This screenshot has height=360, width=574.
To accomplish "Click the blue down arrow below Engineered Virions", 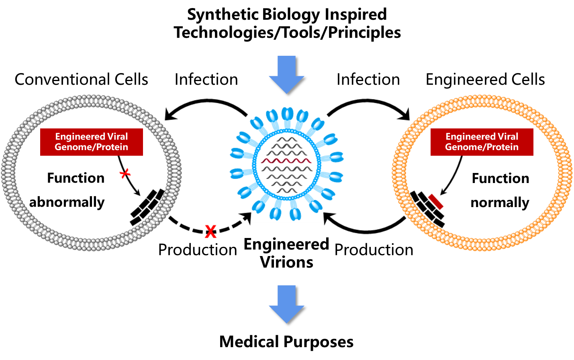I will (x=286, y=304).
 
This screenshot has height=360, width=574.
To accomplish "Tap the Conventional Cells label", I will (x=84, y=81).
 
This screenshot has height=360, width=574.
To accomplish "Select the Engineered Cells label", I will (x=485, y=81).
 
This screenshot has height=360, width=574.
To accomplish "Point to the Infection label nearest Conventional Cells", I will (x=206, y=81).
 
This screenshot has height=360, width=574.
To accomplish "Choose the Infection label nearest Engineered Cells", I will (x=368, y=81).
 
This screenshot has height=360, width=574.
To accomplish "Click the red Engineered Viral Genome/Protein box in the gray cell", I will (x=92, y=142).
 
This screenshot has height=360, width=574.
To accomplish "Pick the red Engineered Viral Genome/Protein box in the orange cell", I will (x=482, y=142).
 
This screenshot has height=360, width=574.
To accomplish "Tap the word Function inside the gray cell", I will (x=76, y=178).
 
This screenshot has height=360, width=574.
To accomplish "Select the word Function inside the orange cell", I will (x=500, y=178).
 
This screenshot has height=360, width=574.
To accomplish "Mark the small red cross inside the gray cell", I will (x=125, y=173).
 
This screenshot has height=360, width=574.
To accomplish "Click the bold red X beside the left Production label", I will (x=210, y=232).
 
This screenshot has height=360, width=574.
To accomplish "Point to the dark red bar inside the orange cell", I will (x=435, y=201).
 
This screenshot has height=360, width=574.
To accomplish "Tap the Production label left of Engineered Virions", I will (x=197, y=250).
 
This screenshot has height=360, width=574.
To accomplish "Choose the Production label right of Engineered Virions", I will (x=374, y=250).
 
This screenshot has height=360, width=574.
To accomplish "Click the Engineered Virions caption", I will (x=286, y=253).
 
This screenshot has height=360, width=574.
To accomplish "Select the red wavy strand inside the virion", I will (x=286, y=161).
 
